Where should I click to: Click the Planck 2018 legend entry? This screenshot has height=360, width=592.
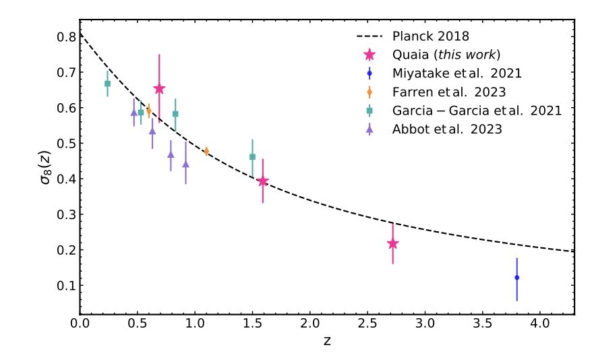coord(430,36)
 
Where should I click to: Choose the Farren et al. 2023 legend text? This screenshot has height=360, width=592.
coord(448,92)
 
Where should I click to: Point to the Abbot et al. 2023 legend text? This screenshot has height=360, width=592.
coord(447,129)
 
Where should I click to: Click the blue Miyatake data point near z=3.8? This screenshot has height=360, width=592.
coord(516,278)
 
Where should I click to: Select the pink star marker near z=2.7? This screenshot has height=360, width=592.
coord(392,243)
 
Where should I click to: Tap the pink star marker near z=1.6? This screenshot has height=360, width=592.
coord(263,181)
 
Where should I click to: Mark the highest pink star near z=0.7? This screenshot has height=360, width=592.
coord(159,89)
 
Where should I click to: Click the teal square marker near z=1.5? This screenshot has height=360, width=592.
coord(252,157)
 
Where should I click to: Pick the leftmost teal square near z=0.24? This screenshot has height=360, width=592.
coord(107,84)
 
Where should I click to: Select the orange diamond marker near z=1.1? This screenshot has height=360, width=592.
coord(206,152)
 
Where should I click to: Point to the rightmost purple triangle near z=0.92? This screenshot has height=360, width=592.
coord(185,164)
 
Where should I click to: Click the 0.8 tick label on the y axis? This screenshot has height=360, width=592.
coord(66,36)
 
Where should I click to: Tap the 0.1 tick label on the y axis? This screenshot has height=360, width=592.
coord(66,286)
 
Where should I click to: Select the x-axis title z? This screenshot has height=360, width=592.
coord(327,342)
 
